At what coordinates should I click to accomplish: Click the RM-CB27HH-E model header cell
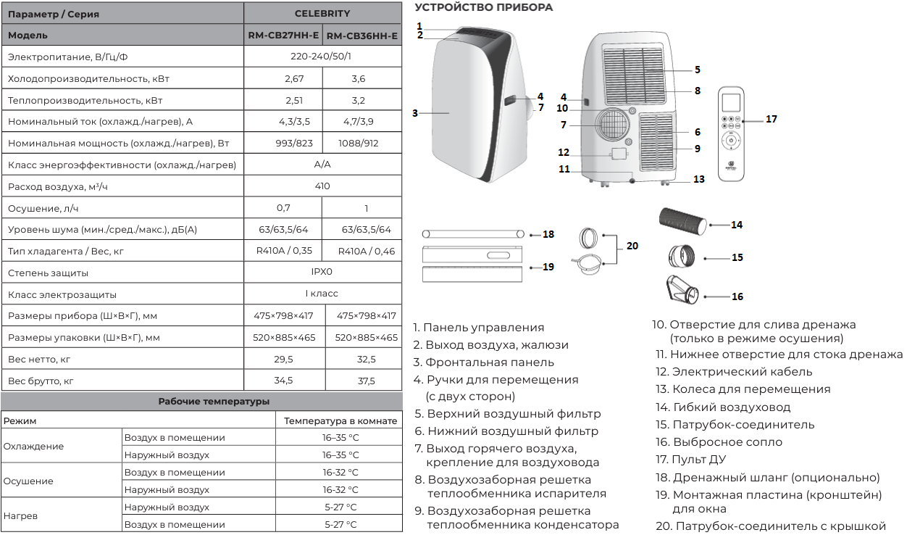click(x=283, y=36)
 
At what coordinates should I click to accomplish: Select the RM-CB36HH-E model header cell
click(x=362, y=36)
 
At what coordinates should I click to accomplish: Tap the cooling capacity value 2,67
click(x=294, y=78)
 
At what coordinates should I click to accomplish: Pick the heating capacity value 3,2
click(x=359, y=100)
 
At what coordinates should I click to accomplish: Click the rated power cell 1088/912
click(x=359, y=143)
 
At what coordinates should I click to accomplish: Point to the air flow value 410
click(x=322, y=186)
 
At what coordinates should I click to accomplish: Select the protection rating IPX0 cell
click(x=322, y=272)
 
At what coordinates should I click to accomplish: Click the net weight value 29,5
click(x=283, y=359)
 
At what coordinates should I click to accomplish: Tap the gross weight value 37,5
click(x=366, y=381)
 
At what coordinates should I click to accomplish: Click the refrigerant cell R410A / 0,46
click(x=366, y=252)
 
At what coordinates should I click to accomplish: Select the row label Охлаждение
click(x=33, y=447)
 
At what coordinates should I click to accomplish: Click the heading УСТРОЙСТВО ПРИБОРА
click(x=484, y=7)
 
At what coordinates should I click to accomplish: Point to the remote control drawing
click(x=731, y=133)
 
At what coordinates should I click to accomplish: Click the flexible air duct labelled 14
click(x=682, y=221)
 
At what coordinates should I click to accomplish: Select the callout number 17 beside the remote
click(x=772, y=119)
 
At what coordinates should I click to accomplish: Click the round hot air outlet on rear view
click(x=613, y=125)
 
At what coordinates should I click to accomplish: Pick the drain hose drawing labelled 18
click(x=473, y=234)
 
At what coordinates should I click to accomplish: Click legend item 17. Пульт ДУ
click(x=691, y=460)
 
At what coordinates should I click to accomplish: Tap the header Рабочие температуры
click(x=214, y=402)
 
